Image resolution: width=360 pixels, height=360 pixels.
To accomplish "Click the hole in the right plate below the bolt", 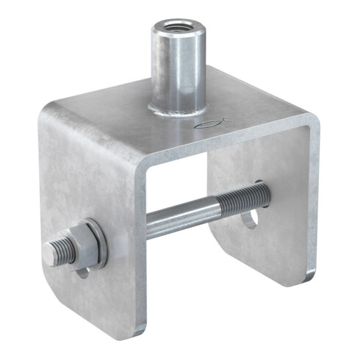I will click(250, 218).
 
